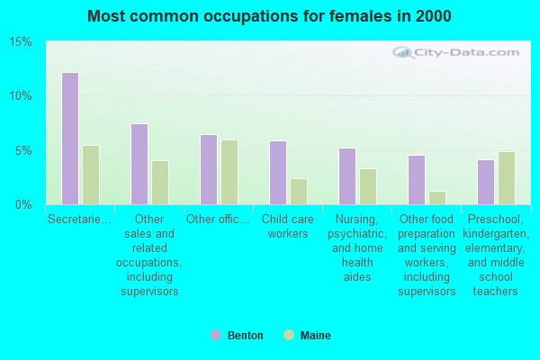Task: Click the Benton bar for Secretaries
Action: (x=70, y=139)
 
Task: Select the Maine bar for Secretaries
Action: (x=91, y=175)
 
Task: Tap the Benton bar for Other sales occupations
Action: (x=139, y=164)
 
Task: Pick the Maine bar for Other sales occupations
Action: (x=160, y=183)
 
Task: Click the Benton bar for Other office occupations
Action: (x=209, y=169)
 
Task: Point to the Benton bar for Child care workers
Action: (x=278, y=173)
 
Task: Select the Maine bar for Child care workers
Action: (x=299, y=192)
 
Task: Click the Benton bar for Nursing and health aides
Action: (x=347, y=176)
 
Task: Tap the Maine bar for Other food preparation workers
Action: (x=437, y=198)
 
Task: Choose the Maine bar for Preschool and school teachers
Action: (x=507, y=178)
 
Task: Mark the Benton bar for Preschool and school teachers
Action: (x=486, y=182)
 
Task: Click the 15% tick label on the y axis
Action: (x=21, y=42)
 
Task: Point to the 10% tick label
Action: (x=21, y=96)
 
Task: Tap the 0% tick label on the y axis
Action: (x=24, y=204)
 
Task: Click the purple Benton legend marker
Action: (x=215, y=336)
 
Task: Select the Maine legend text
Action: (x=315, y=336)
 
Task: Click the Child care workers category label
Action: (x=288, y=226)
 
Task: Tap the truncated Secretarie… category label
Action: (x=80, y=219)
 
